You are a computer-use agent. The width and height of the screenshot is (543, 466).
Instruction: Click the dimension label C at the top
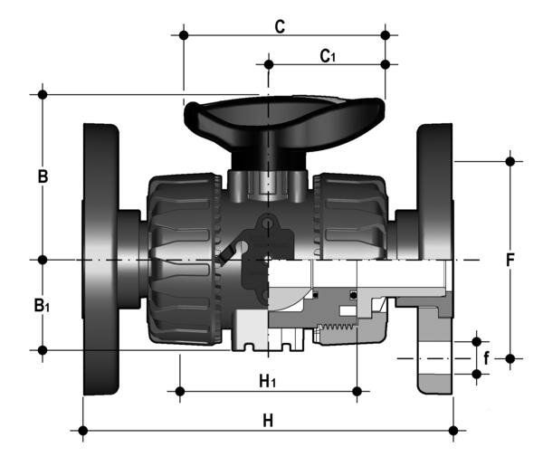pos(281,26)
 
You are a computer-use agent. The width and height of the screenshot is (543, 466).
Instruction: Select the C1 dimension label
pos(328,56)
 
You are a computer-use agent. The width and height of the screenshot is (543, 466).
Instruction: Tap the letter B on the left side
pos(42,176)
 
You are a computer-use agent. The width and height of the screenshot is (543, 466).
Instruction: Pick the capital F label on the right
pos(510,261)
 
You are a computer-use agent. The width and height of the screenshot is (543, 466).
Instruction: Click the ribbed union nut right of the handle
pos(353,217)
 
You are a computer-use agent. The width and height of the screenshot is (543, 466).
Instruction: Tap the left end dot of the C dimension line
pos(184,36)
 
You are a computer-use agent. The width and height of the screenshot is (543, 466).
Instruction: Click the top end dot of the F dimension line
pos(510,161)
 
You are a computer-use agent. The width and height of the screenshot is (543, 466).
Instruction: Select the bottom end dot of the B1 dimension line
pos(42,349)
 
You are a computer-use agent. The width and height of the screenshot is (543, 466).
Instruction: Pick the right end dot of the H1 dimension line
pos(358,391)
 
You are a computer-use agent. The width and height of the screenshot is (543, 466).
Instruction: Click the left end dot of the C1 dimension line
pos(269,64)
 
